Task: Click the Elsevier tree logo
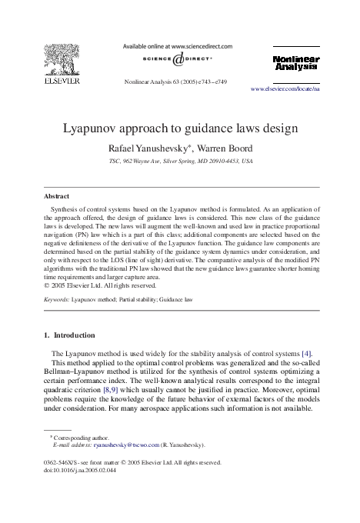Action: tap(57, 60)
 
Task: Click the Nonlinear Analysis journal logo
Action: tap(295, 63)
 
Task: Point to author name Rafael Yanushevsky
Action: tap(150, 148)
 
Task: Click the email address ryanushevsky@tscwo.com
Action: tap(125, 445)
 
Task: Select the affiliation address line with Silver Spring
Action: tap(180, 162)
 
